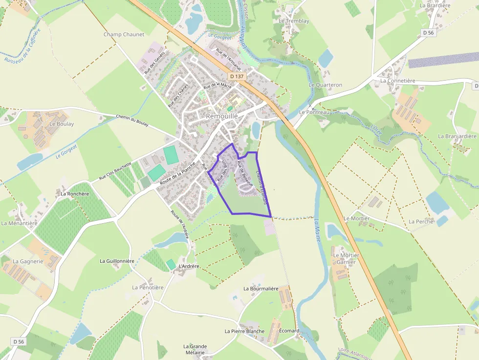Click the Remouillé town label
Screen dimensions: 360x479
tap(222, 116)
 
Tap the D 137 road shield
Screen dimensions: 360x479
tap(236, 77)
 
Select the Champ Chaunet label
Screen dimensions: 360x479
tap(124, 35)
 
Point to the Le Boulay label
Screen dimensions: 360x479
tap(62, 124)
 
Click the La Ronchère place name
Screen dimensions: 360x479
tap(75, 194)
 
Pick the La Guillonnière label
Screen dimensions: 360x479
tap(117, 261)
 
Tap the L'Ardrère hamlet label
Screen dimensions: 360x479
tap(189, 266)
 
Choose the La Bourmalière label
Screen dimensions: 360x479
tap(261, 289)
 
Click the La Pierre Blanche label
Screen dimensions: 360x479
tap(244, 331)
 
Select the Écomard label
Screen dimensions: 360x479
tap(289, 331)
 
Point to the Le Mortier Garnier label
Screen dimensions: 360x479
tap(346, 258)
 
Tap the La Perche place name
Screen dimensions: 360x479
tap(421, 222)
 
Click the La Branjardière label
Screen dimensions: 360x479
tap(457, 136)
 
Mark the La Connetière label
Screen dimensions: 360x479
tap(397, 81)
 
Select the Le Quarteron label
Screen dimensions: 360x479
tap(326, 85)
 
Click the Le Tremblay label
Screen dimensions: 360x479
tap(294, 21)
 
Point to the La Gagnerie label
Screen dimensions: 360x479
tap(28, 261)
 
